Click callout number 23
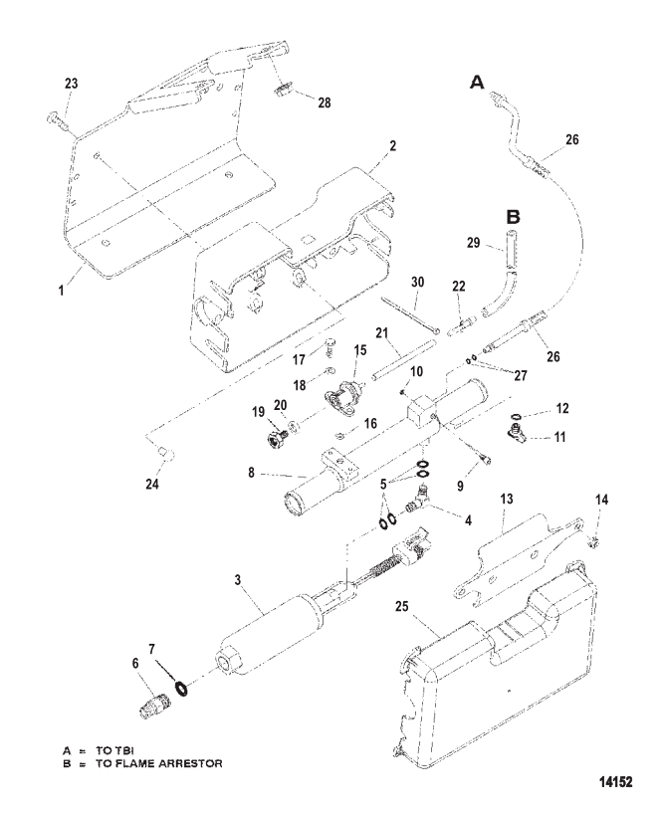[x=72, y=84]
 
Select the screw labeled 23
[x=56, y=120]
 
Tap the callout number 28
[x=325, y=102]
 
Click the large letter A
[x=477, y=83]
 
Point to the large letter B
[x=513, y=217]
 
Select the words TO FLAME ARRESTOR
[x=158, y=764]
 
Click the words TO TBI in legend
[x=114, y=750]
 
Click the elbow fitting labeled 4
[x=417, y=500]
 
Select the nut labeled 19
[x=275, y=435]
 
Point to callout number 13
[x=507, y=500]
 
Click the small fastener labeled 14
[x=594, y=542]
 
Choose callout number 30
[x=417, y=282]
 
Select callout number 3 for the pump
[x=238, y=580]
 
